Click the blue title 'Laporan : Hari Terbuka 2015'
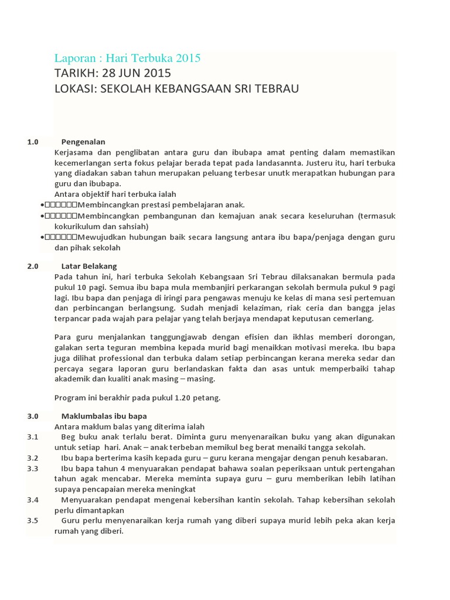pos(127,58)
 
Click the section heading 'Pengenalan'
pos(83,142)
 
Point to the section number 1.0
pos(32,142)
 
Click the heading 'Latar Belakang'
pos(89,266)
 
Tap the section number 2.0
pos(32,266)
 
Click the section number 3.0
pos(32,416)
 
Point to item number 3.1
pos(32,437)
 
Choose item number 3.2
pos(32,458)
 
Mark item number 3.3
pos(32,469)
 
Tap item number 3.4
pos(32,500)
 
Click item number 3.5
pos(32,521)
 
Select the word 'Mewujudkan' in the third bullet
pos(100,237)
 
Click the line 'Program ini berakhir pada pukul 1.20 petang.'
pos(137,398)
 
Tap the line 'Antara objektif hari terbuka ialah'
pos(115,195)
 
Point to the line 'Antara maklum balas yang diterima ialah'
pos(129,427)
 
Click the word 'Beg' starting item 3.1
pos(68,437)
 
